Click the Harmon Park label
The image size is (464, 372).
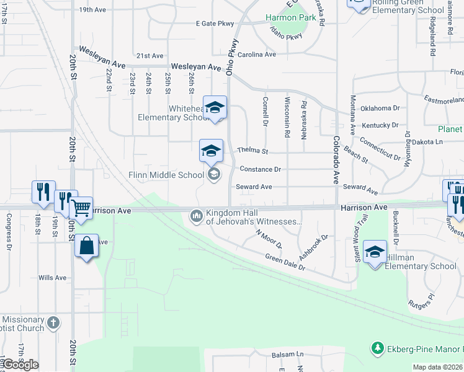coord(291,18)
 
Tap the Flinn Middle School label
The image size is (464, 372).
coord(166,175)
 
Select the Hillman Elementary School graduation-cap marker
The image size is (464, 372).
coord(375,252)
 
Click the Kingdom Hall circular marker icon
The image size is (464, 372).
coord(197,216)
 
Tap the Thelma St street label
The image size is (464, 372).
coord(252,151)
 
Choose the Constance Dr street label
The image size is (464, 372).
coord(261,169)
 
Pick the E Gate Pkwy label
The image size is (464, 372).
coord(215,24)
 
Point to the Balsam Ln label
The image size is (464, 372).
coord(288,355)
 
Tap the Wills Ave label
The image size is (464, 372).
coord(52,278)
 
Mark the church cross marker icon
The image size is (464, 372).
coord(54,322)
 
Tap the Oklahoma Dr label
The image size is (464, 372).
coord(380,108)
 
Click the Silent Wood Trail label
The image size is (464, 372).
coord(365,229)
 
